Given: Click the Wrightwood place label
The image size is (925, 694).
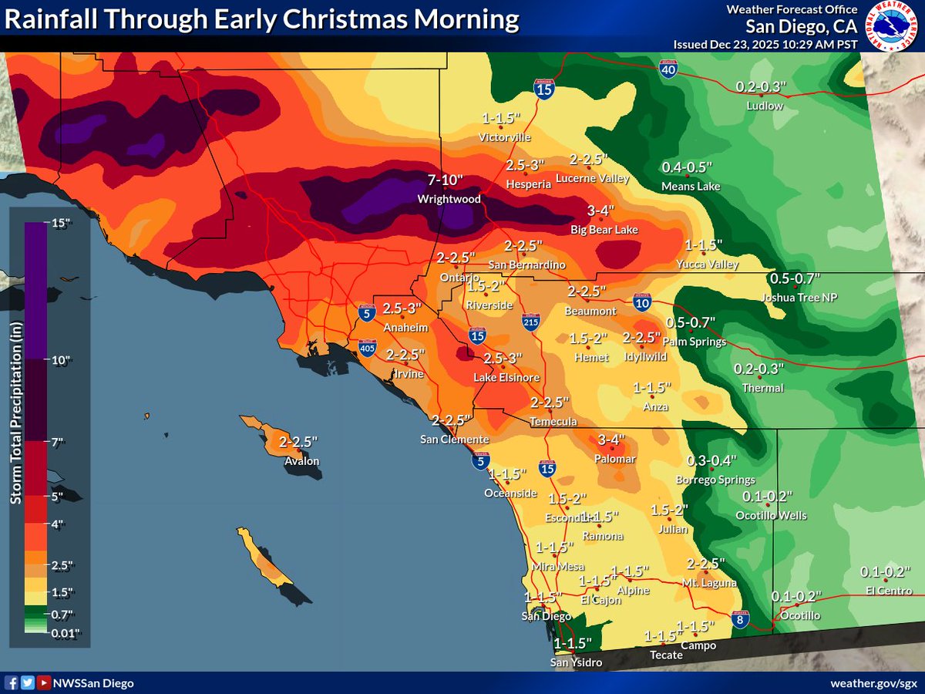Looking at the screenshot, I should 449,199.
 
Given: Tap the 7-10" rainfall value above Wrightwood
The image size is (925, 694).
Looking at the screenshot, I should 446,181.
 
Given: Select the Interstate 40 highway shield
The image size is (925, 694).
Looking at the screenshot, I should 668,69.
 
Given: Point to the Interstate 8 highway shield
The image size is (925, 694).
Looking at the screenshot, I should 738,619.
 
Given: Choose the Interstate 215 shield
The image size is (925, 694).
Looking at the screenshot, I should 530,322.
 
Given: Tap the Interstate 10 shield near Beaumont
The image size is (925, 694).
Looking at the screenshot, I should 641,303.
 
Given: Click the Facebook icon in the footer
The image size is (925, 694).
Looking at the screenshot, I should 12,682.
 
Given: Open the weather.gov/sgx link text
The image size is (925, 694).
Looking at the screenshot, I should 873,683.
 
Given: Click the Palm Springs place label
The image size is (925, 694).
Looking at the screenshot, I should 695,342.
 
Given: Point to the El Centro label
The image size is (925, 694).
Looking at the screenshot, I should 888,591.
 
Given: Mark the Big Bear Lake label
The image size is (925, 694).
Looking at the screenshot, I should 604,230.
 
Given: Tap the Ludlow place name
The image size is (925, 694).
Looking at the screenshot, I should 765,106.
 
